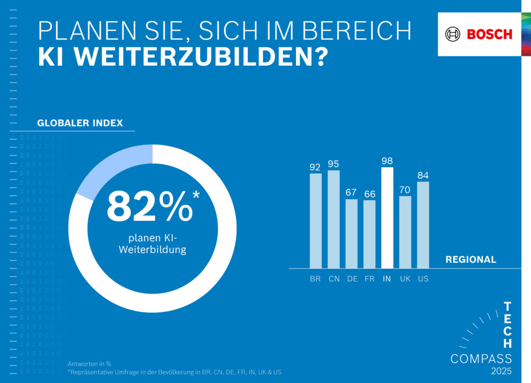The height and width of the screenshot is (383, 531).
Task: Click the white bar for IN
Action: (387, 218)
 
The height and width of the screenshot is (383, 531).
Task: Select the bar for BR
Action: (315, 220)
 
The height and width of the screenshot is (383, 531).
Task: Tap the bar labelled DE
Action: (352, 233)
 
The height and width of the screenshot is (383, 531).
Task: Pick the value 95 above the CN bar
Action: (333, 164)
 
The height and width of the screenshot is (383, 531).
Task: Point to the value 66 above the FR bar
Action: (369, 194)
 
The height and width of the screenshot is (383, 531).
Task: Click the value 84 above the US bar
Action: (423, 175)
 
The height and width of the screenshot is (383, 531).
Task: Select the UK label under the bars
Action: (405, 279)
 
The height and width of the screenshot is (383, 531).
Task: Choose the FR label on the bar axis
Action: (369, 279)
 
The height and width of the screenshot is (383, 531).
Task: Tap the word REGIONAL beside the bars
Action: (470, 260)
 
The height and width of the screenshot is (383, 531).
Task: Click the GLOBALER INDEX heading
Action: (80, 123)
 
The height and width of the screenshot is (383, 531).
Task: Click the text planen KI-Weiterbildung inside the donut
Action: (152, 244)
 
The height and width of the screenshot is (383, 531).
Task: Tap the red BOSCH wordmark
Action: (489, 34)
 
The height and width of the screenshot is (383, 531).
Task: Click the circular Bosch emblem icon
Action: (453, 34)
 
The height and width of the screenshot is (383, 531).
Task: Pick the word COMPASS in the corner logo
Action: (481, 359)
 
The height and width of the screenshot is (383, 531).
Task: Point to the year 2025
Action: (501, 371)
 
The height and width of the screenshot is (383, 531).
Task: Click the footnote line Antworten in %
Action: (89, 364)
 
